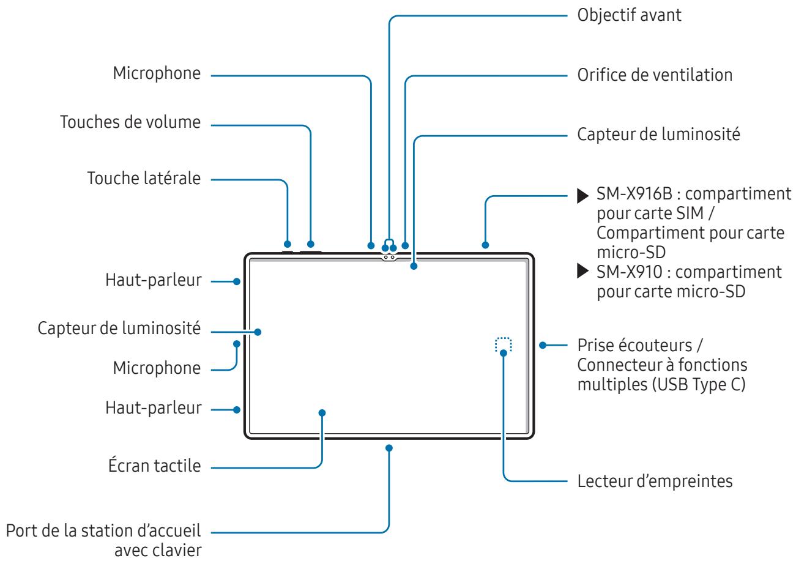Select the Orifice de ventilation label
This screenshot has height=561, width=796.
pos(655,76)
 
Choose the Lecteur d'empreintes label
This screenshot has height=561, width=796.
pos(655,481)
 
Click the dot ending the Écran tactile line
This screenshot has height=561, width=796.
pos(322,412)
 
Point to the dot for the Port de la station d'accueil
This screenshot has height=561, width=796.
pos(389,448)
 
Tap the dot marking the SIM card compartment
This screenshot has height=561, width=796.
pos(485,245)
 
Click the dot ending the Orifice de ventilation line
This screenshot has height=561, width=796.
pos(405,245)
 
